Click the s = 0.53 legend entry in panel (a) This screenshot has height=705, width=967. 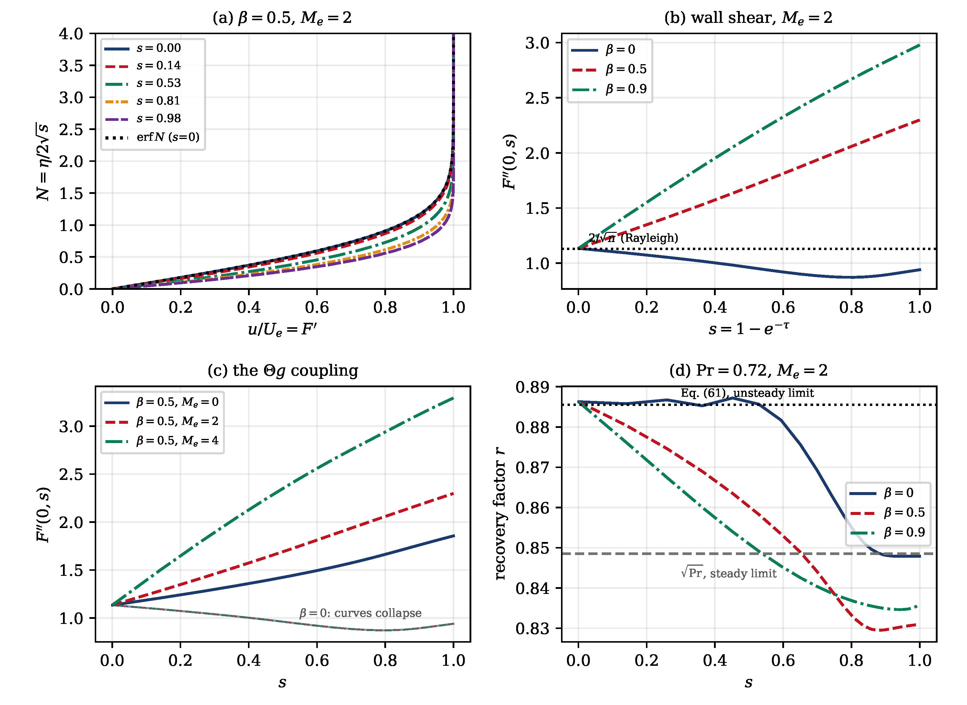pyautogui.click(x=143, y=83)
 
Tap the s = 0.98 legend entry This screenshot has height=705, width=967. pyautogui.click(x=143, y=118)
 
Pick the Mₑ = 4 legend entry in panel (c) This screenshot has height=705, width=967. pyautogui.click(x=162, y=441)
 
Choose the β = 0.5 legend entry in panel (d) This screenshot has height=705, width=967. pyautogui.click(x=888, y=513)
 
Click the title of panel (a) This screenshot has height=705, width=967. pyautogui.click(x=282, y=18)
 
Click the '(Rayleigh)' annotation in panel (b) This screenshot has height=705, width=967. pyautogui.click(x=649, y=238)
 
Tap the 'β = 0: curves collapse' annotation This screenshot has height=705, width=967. pyautogui.click(x=360, y=613)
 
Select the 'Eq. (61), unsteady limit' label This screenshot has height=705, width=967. pyautogui.click(x=747, y=393)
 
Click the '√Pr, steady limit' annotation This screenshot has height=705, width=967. pyautogui.click(x=729, y=573)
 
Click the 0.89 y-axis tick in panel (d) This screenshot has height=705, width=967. pyautogui.click(x=532, y=387)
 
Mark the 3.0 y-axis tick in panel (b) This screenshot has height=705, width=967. pyautogui.click(x=537, y=43)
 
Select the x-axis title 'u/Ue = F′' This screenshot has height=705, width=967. pyautogui.click(x=282, y=329)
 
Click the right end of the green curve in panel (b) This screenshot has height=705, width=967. pyautogui.click(x=920, y=45)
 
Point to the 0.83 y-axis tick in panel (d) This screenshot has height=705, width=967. pyautogui.click(x=532, y=629)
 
